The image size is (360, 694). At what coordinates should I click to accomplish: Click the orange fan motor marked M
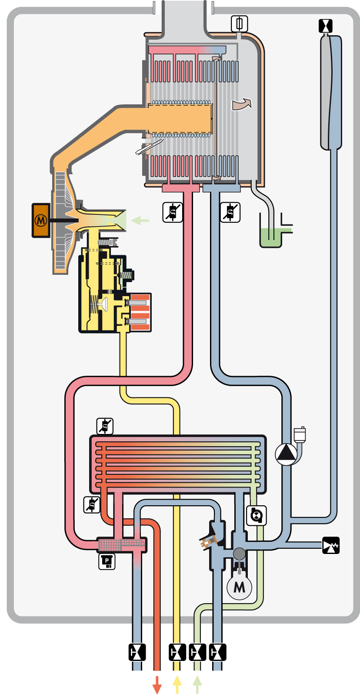click(41, 220)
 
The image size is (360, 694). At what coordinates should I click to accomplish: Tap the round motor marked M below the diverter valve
click(239, 587)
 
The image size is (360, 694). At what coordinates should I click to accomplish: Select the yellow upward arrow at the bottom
click(177, 686)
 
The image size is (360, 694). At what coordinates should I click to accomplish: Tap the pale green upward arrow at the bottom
click(197, 686)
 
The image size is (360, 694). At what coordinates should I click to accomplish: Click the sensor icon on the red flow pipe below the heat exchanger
click(172, 213)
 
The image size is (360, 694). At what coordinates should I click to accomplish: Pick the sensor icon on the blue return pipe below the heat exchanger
click(230, 213)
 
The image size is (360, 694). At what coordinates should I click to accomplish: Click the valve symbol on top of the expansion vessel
click(325, 26)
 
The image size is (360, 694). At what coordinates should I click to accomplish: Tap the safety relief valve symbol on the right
click(330, 545)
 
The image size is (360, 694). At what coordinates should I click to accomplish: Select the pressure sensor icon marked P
click(107, 562)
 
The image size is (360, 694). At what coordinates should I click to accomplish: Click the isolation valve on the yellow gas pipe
click(177, 652)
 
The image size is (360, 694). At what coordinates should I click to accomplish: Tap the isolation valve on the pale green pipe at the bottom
click(197, 652)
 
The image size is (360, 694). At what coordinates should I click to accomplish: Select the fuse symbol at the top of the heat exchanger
click(240, 23)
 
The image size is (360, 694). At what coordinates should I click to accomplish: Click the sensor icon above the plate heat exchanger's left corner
click(105, 426)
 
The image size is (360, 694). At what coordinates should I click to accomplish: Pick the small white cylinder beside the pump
click(300, 435)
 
